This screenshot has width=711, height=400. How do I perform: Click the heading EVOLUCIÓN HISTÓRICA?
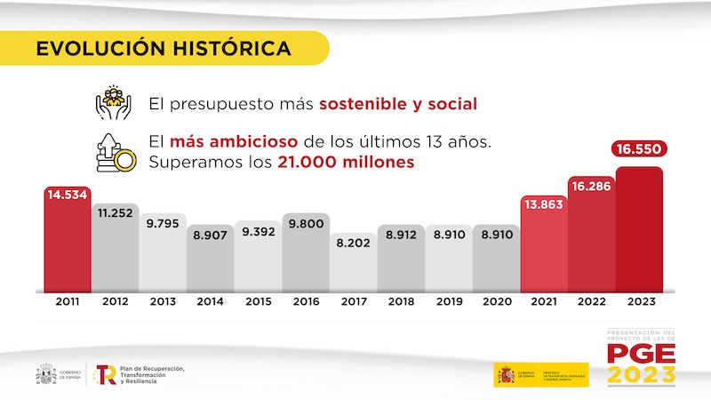point(164,48)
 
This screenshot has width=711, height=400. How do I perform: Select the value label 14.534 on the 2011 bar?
point(68,194)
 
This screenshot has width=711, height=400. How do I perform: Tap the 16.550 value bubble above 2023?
point(639,149)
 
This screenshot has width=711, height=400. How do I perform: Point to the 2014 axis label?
point(211,302)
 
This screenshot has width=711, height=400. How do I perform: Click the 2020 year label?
point(496,302)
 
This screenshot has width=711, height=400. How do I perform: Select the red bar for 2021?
point(544,249)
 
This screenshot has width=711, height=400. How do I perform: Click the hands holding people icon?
point(113,102)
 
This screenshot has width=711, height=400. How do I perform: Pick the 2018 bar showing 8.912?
point(401,262)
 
